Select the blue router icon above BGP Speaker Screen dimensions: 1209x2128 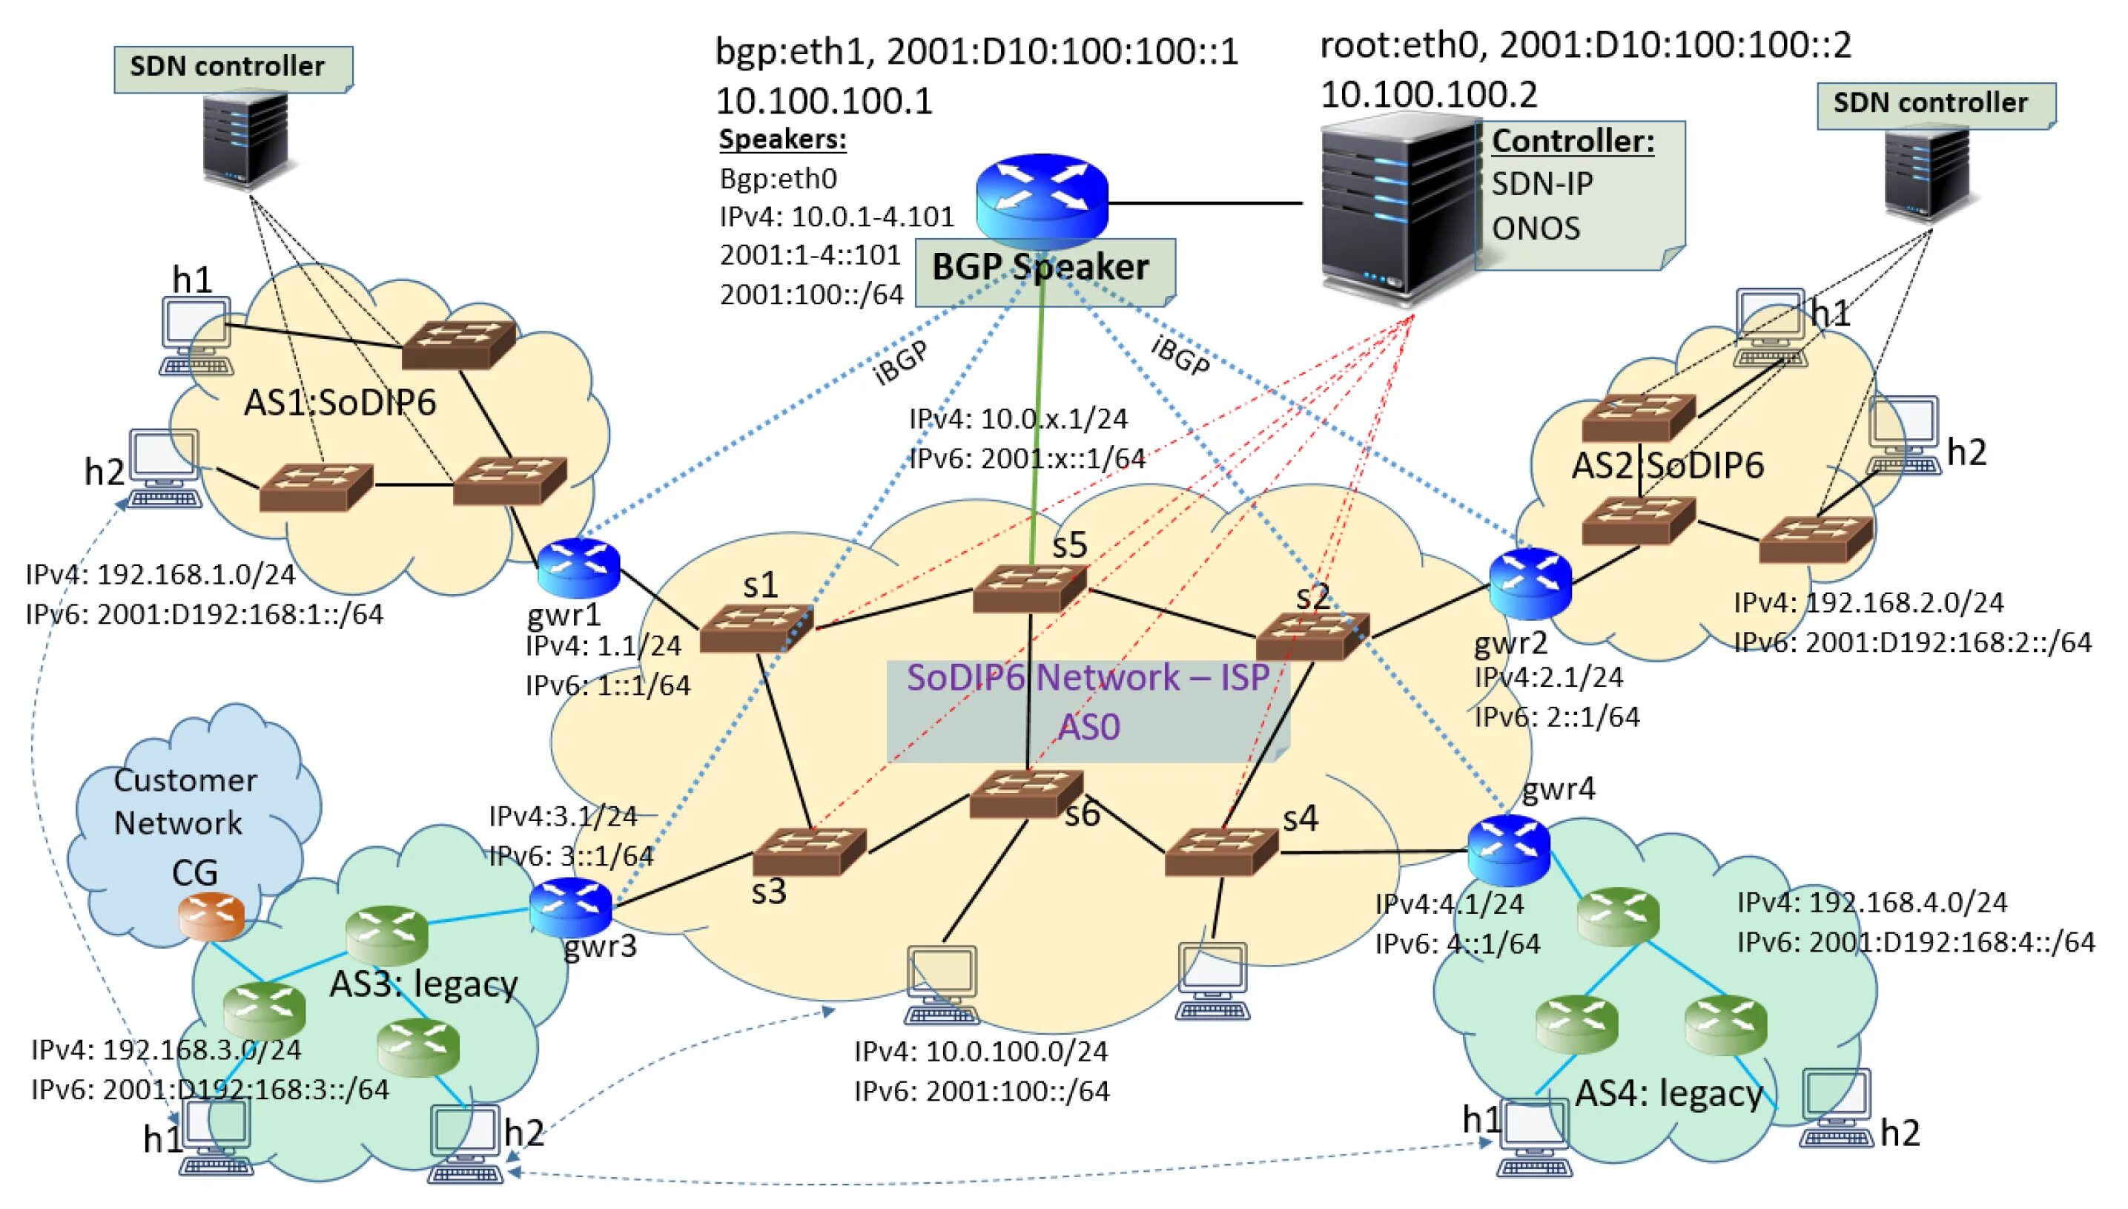[x=1042, y=196]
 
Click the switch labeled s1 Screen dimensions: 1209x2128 [x=756, y=627]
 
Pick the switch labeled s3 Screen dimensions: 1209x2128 [x=809, y=851]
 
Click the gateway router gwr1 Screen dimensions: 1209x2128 [x=578, y=567]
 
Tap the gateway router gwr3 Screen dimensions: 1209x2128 [x=570, y=906]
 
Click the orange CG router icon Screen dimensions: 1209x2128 [x=211, y=916]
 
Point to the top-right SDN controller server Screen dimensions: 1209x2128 [x=1926, y=174]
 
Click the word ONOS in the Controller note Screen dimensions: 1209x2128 [x=1536, y=228]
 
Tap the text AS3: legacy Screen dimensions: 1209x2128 [x=423, y=984]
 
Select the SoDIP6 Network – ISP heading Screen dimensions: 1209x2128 [x=1087, y=678]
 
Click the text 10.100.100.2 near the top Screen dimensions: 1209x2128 [x=1427, y=94]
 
